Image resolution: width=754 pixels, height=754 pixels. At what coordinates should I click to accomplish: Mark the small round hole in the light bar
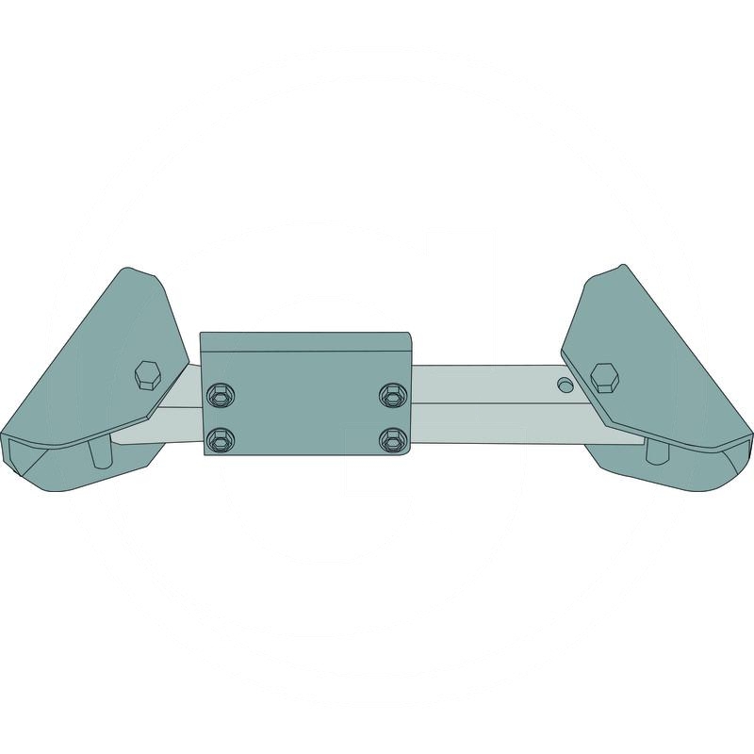564,385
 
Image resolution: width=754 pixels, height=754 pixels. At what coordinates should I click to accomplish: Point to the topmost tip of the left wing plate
130,270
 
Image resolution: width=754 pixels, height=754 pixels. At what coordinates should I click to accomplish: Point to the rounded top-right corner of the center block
409,336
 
